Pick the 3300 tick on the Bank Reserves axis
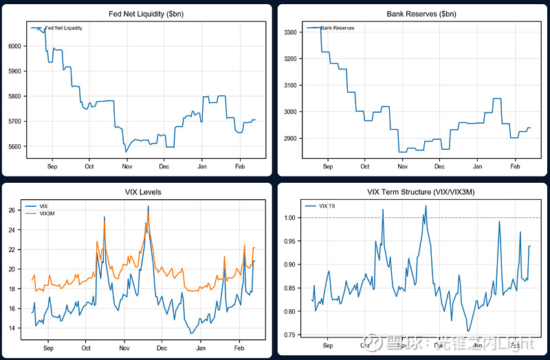pos(289,32)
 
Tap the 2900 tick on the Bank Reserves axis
pos(289,138)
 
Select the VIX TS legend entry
pos(327,205)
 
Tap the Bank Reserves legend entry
pos(337,27)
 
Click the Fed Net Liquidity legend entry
pos(63,27)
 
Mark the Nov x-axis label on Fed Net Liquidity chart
pos(126,166)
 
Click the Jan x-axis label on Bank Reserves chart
pos(478,166)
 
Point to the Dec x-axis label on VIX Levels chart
pos(161,348)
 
